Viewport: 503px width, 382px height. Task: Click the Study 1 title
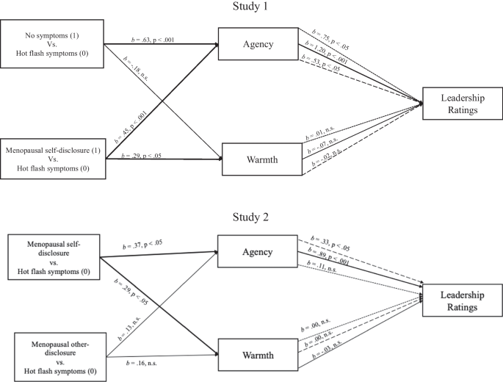(251, 7)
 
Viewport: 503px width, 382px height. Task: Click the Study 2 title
(251, 217)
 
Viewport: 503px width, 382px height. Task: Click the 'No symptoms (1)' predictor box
(52, 44)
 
